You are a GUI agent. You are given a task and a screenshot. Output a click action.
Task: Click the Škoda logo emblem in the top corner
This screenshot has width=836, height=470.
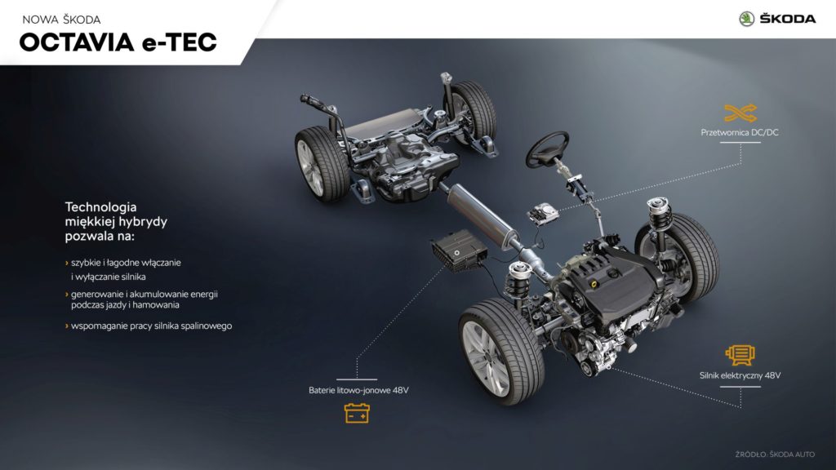[x=746, y=20]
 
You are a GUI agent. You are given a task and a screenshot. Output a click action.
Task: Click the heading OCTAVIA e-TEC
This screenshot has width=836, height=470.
[x=118, y=42]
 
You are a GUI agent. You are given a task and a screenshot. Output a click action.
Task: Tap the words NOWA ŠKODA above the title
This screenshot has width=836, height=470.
[x=61, y=20]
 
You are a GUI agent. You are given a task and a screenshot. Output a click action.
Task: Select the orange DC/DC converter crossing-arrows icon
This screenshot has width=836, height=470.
[x=740, y=113]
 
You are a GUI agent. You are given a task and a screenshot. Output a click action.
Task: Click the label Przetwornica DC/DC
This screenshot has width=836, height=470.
[x=740, y=132]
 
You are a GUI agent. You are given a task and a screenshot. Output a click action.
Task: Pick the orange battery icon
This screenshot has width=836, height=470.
[x=357, y=413]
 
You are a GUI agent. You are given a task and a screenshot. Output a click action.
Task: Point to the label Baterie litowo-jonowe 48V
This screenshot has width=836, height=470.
[x=358, y=390]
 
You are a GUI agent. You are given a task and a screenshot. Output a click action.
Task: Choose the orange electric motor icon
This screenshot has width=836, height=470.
[x=740, y=355]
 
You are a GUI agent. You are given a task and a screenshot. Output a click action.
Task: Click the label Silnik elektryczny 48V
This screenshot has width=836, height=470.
[x=740, y=375]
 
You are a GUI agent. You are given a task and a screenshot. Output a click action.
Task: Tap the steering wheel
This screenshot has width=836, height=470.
[x=547, y=149]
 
